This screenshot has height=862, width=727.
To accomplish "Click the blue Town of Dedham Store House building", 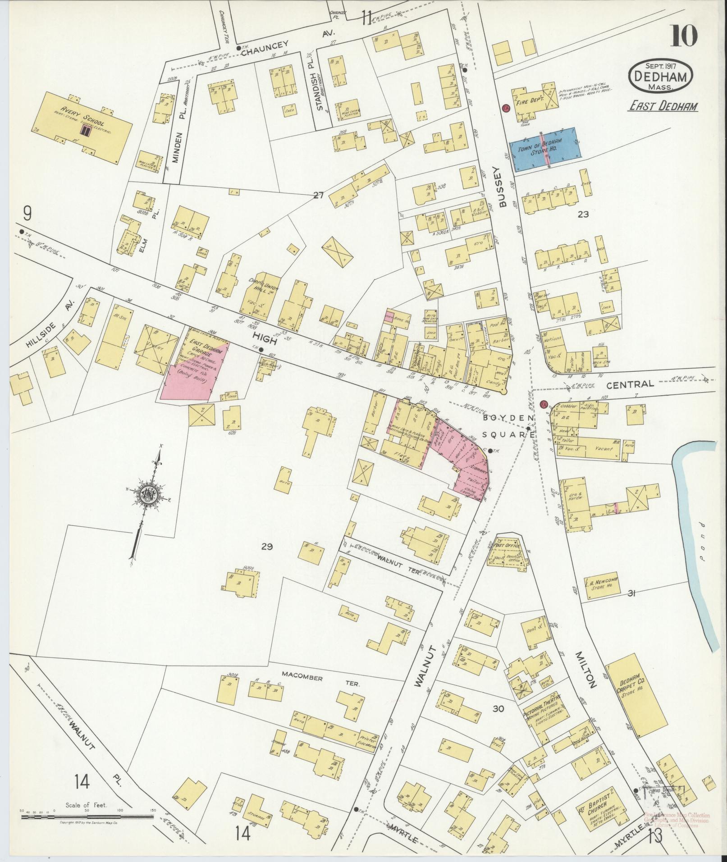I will click(544, 150).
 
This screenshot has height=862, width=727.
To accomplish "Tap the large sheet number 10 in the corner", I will click(684, 36).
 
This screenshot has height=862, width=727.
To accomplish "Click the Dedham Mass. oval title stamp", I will click(660, 76).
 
